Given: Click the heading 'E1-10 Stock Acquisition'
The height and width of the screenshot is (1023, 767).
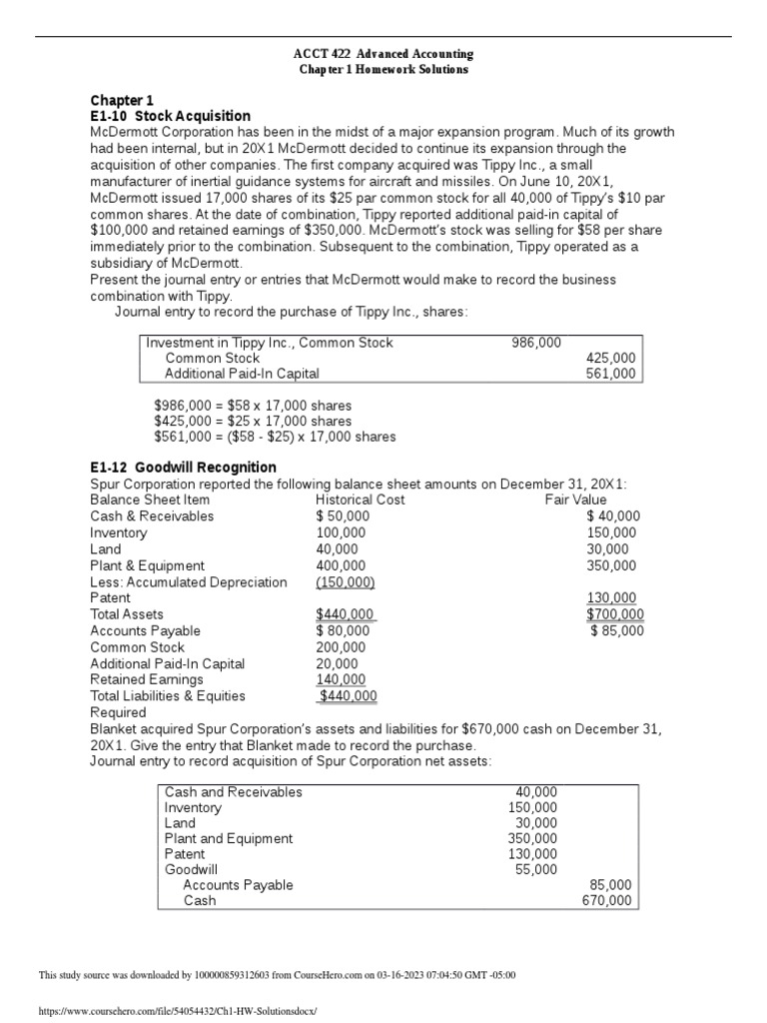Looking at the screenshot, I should pos(171,116).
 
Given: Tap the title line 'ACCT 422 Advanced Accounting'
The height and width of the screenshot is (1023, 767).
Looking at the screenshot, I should pos(384,53).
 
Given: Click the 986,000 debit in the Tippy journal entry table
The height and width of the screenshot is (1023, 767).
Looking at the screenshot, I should pos(536,342).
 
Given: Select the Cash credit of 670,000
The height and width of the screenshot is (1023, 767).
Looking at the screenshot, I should pos(607,901).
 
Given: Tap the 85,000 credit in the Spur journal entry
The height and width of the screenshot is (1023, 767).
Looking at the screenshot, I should pos(611,885).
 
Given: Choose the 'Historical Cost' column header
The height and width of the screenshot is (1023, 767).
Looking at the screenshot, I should pos(360,500).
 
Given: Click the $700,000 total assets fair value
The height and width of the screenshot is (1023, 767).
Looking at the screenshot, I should pos(615,614).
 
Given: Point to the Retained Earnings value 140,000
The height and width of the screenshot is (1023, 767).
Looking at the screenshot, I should pos(341,679).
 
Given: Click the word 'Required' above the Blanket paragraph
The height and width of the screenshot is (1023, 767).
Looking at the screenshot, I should pos(118,712).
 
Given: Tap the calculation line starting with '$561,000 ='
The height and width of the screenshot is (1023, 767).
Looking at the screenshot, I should pos(275,437).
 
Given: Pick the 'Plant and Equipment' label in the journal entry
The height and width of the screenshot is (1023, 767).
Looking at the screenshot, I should pos(229,838).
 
